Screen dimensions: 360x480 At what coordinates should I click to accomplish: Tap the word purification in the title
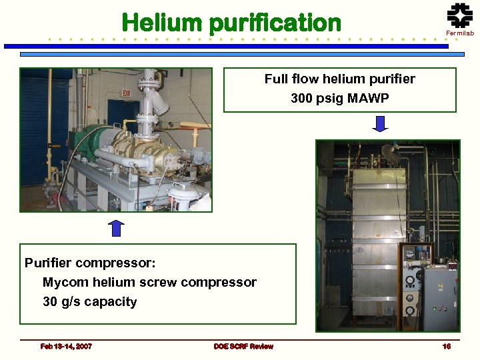275,23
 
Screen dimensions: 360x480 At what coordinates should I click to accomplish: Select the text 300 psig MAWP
339,98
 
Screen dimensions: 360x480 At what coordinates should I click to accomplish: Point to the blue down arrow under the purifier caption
380,124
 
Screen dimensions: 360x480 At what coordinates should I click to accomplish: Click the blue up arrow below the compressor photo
116,228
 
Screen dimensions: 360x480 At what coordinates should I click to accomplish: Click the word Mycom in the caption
63,282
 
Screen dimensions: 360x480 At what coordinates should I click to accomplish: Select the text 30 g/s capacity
90,301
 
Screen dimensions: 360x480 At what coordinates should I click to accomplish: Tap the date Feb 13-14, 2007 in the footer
66,346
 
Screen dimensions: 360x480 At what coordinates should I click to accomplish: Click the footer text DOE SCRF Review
243,346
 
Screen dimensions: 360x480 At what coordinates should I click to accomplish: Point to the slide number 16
447,346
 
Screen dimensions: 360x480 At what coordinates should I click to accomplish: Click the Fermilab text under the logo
459,33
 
